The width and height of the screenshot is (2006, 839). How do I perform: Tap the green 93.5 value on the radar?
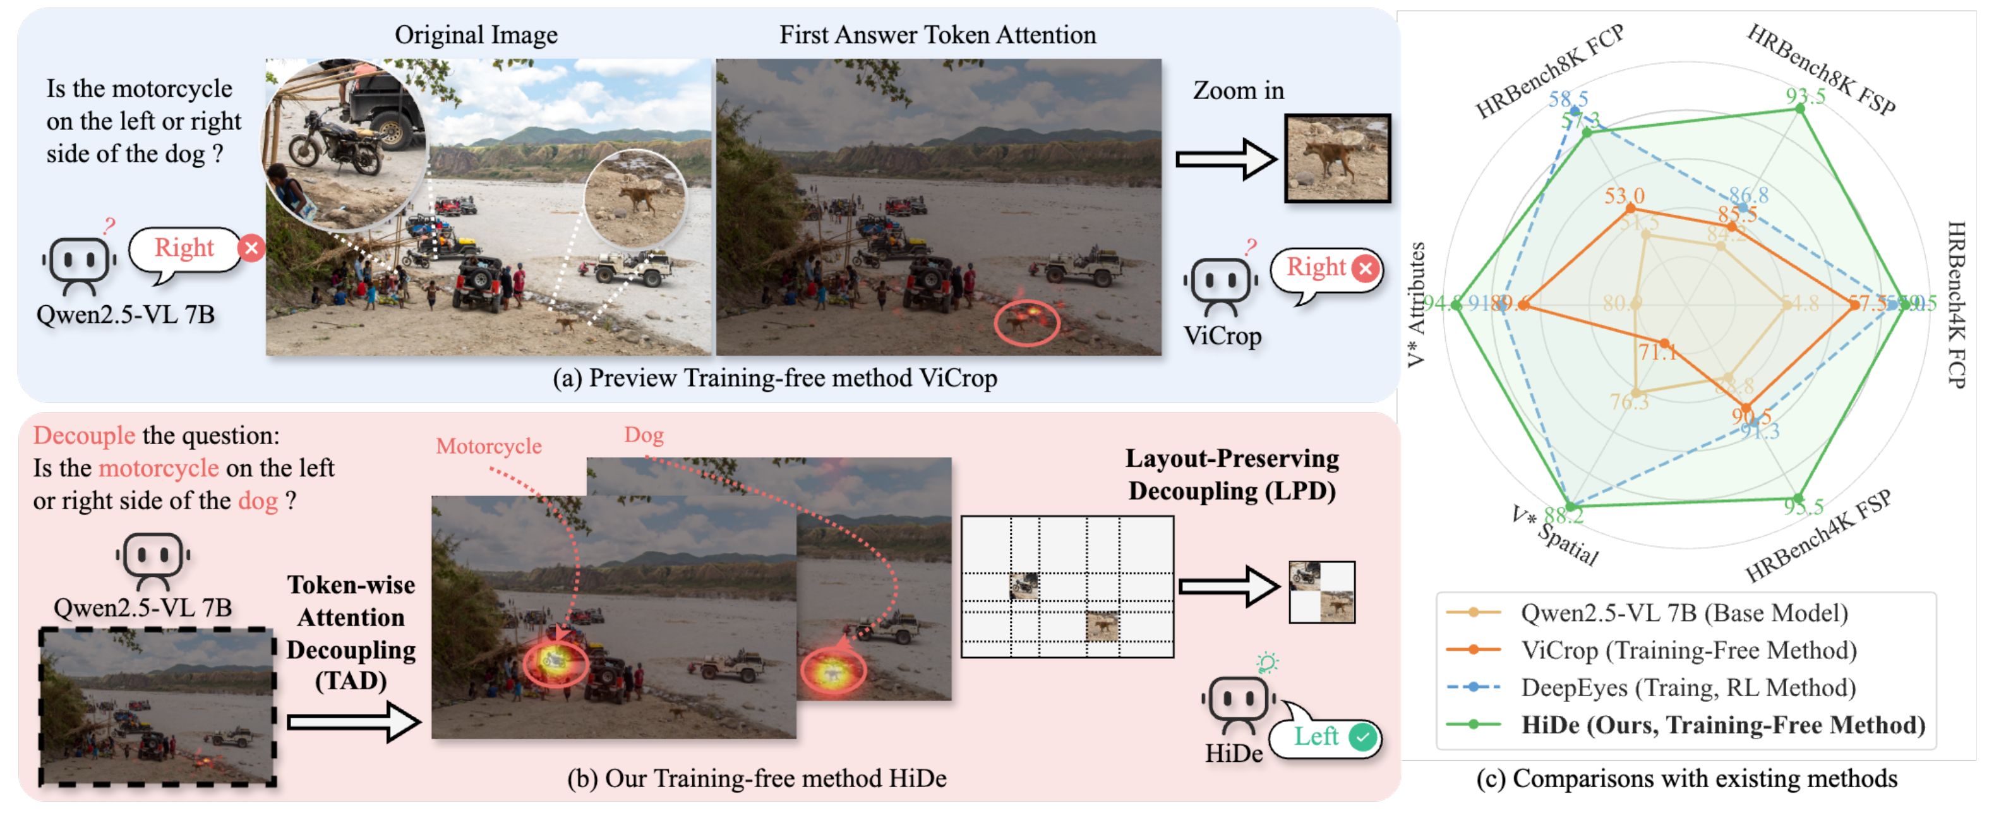coord(1805,96)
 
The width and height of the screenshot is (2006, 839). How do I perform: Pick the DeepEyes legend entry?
coord(1688,688)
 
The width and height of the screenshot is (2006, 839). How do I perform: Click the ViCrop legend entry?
coord(1688,651)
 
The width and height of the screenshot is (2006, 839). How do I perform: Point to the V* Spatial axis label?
coord(1554,537)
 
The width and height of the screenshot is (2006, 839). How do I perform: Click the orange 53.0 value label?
coord(1624,195)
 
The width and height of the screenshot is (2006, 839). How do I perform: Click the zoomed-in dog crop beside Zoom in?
coord(1337,158)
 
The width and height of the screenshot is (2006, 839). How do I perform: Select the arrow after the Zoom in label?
coord(1225,159)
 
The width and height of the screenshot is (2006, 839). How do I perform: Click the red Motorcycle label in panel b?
coord(488,447)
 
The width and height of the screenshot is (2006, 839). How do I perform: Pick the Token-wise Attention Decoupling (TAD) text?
coord(351,632)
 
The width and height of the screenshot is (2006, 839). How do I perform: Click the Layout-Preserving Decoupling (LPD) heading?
coord(1231,474)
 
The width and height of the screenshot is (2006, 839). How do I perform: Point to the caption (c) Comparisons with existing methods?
coord(1686,778)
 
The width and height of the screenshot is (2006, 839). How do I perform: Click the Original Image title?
coord(476,35)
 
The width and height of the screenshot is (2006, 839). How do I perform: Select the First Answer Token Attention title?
coord(937,35)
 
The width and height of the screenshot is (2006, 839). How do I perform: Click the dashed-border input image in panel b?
coord(157,706)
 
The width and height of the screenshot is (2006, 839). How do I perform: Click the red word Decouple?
coord(83,435)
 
